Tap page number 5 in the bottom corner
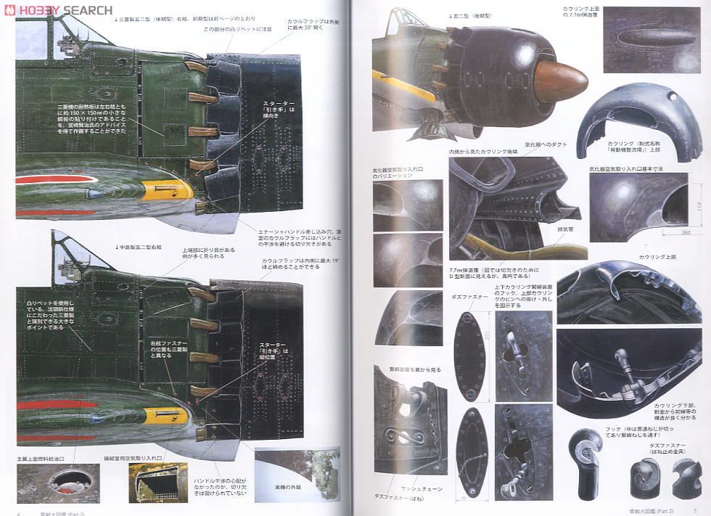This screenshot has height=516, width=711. click(x=694, y=510)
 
